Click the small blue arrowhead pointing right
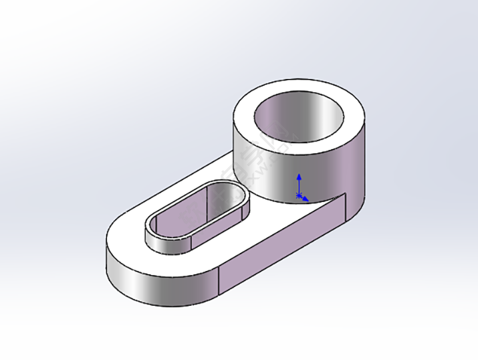click(306, 199)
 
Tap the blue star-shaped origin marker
click(299, 195)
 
